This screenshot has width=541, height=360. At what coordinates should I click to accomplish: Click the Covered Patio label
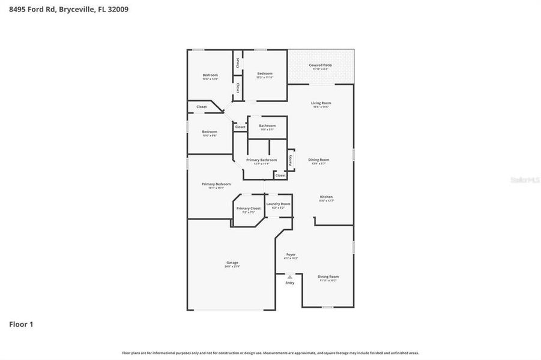(x=320, y=65)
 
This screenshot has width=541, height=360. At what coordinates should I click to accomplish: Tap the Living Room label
(x=321, y=103)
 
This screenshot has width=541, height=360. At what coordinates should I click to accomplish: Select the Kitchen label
(x=326, y=197)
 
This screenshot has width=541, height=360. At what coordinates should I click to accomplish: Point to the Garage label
(x=232, y=262)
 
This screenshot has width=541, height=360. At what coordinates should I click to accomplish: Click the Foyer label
(x=291, y=254)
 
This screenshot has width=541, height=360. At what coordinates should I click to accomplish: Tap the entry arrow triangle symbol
(x=290, y=277)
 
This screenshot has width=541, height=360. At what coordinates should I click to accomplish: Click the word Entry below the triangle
(x=290, y=283)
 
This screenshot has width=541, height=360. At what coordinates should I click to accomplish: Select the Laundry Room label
(x=278, y=204)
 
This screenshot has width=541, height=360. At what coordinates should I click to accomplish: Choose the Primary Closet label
(x=248, y=208)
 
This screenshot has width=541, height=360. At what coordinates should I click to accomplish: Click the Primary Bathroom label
(x=261, y=160)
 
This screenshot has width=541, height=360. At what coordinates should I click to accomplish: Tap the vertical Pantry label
(x=290, y=160)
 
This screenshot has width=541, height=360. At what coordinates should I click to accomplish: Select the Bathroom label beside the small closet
(x=267, y=125)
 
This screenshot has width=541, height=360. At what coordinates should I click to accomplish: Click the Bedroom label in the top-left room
(x=210, y=75)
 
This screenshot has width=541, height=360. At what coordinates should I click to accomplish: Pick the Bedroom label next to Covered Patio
(x=265, y=73)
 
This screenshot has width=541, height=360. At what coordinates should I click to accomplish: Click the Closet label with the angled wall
(x=202, y=107)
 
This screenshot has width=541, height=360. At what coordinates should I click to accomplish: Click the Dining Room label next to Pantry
(x=319, y=160)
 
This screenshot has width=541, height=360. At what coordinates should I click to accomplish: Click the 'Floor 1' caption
(x=21, y=324)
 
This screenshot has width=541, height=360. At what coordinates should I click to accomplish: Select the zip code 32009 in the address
(x=116, y=10)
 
